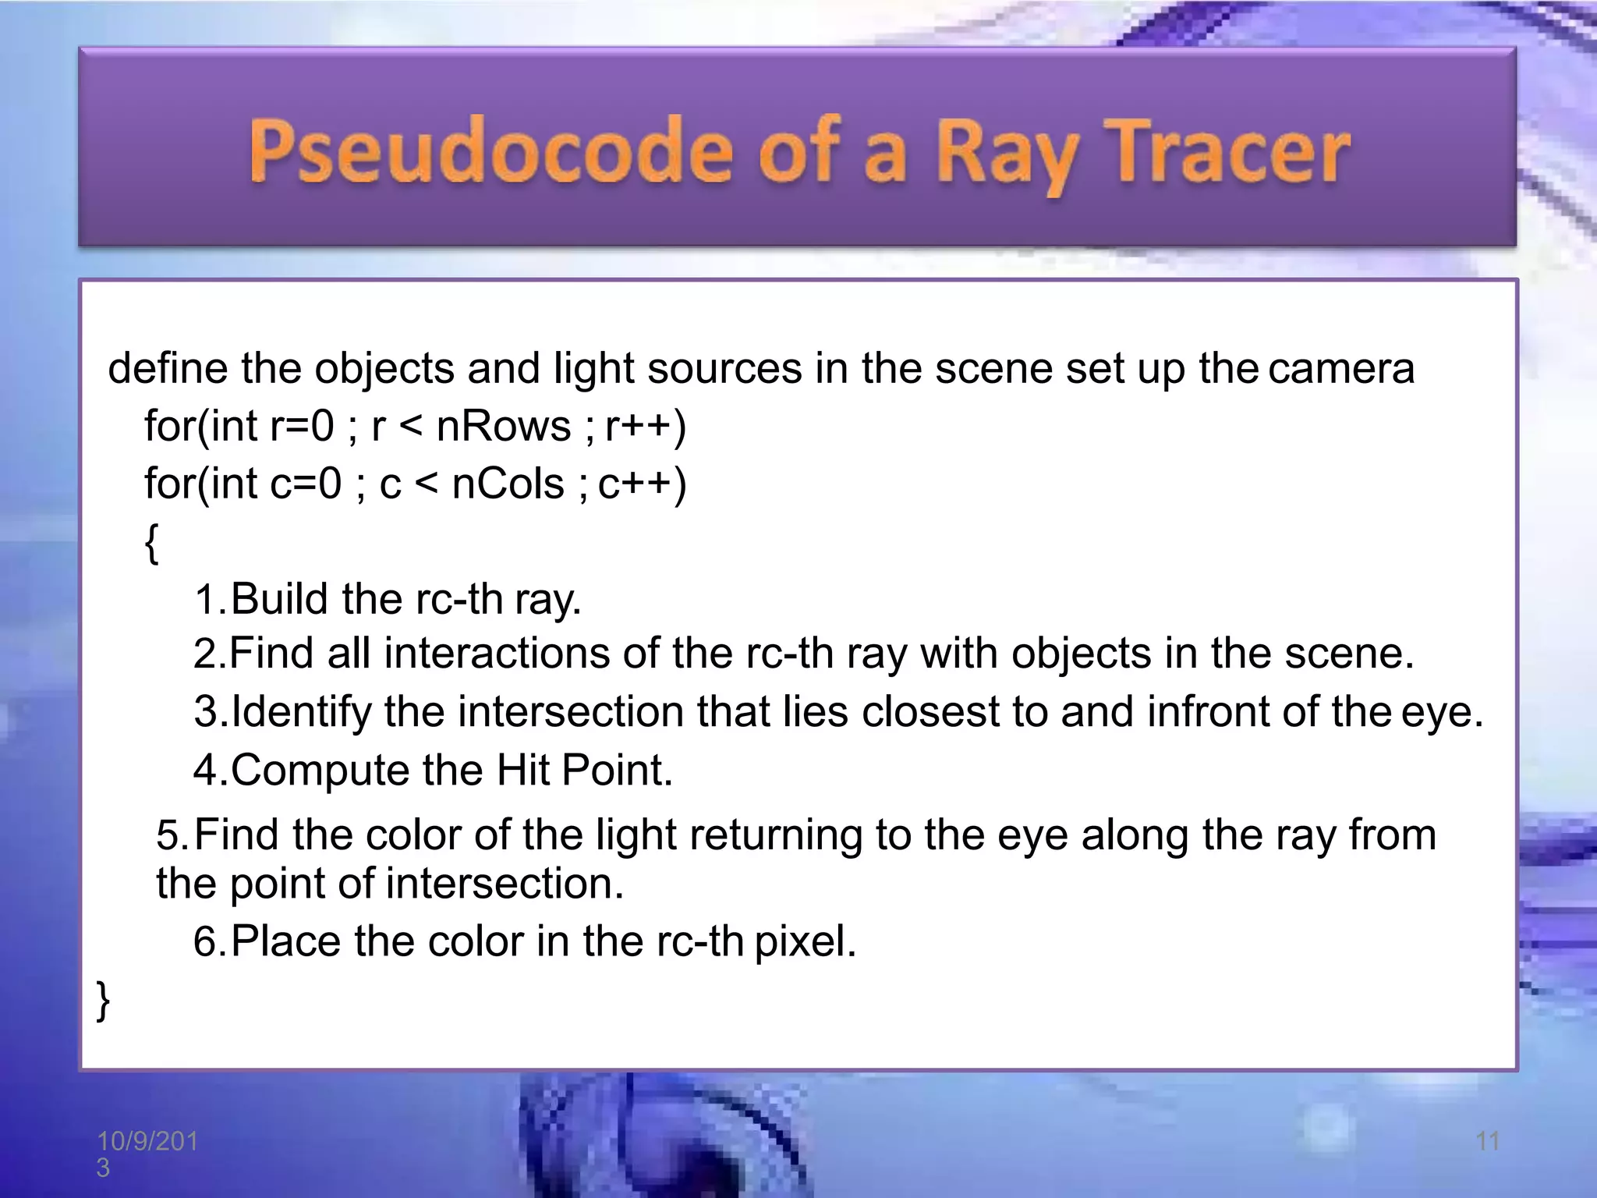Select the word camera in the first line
tap(1340, 368)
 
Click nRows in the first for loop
tap(504, 427)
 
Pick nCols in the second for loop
tap(508, 484)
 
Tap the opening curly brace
tap(152, 543)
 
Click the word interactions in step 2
tap(496, 653)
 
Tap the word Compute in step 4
tap(320, 771)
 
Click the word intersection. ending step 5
tap(505, 884)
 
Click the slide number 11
tap(1488, 1141)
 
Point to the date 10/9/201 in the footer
tap(147, 1141)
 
